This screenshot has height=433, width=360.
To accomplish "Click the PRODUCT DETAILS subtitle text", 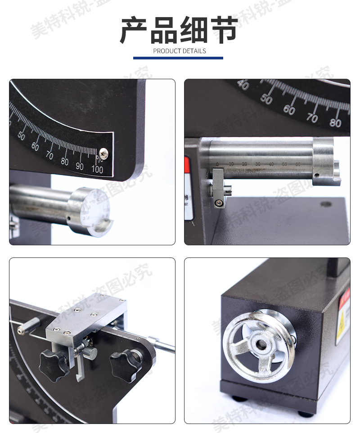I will (180, 51).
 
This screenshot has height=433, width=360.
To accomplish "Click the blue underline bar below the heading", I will (178, 58).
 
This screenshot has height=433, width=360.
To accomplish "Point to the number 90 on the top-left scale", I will (80, 166).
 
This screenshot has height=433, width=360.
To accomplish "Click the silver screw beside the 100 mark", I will (104, 153).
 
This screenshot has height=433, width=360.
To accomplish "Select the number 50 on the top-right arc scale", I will (266, 99).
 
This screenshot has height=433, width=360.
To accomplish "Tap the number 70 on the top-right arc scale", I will (312, 118).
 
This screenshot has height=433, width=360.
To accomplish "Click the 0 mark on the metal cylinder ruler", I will (217, 164).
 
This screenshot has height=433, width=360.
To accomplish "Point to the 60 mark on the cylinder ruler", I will (297, 165).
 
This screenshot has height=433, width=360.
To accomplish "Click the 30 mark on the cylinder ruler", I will (258, 164).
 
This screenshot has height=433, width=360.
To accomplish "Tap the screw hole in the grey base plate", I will (326, 204).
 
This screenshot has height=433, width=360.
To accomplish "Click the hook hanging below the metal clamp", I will (80, 369).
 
